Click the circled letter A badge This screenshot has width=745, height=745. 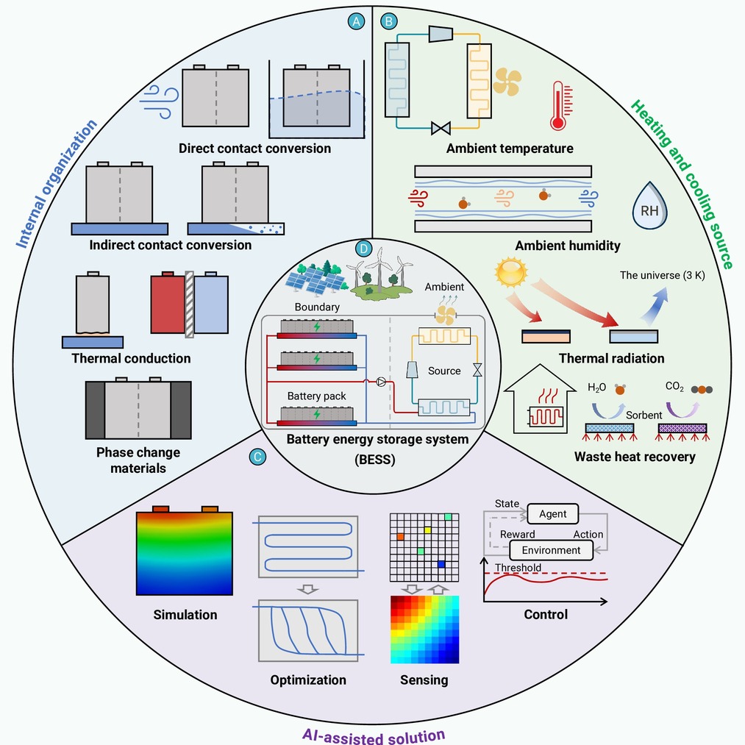(356, 21)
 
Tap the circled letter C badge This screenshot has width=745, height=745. (257, 457)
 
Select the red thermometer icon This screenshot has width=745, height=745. (560, 105)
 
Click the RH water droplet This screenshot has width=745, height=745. (649, 206)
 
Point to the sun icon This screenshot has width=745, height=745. (510, 272)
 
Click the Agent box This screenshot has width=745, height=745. (552, 513)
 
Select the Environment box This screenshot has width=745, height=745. (551, 550)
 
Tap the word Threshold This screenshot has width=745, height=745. (518, 568)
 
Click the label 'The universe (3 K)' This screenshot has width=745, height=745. (663, 275)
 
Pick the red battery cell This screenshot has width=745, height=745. (168, 303)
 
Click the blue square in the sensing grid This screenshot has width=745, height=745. (441, 564)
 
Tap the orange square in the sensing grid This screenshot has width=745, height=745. (400, 537)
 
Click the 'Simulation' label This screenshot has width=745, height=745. (185, 615)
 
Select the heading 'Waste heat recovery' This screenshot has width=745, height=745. (635, 457)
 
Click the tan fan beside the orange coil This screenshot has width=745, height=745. (507, 82)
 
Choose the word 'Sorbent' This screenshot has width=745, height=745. (644, 416)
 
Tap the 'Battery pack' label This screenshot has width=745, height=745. (316, 396)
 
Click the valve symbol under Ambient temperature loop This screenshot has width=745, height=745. (441, 128)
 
